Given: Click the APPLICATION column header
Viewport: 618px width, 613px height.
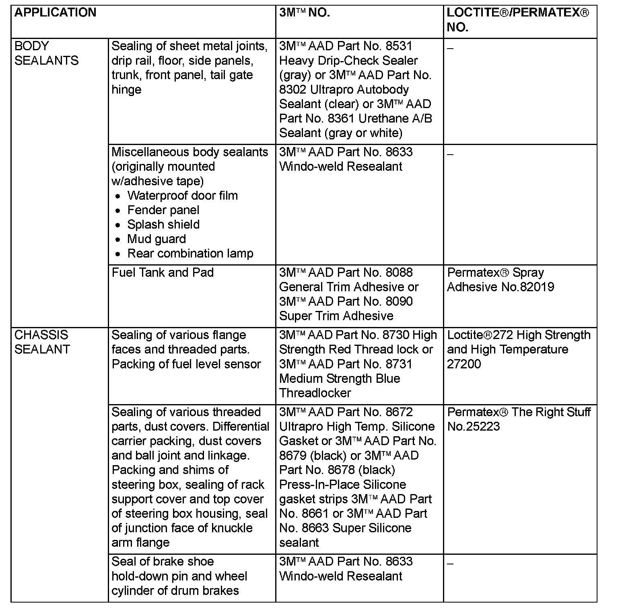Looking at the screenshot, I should [55, 12].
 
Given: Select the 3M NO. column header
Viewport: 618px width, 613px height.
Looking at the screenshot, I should [305, 12].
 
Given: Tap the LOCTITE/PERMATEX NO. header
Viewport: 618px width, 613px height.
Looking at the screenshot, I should [518, 20].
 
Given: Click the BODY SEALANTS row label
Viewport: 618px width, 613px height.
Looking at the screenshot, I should [46, 53].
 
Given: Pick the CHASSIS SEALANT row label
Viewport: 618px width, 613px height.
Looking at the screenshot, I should [42, 342].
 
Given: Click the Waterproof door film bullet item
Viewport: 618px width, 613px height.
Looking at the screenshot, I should [182, 196].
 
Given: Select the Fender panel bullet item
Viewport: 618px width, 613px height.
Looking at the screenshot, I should [163, 210].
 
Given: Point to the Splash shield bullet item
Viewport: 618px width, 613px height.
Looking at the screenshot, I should [163, 225].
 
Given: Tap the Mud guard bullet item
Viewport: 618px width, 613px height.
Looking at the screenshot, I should [157, 239].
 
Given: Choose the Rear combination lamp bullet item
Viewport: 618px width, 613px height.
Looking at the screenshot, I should [190, 253].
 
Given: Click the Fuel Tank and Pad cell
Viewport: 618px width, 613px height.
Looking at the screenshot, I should [163, 273].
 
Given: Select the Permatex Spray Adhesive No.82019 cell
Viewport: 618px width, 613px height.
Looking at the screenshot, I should [500, 280].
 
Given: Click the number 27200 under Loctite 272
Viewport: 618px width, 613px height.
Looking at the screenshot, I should [464, 364].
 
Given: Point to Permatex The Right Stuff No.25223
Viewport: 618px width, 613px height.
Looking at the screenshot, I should [519, 419].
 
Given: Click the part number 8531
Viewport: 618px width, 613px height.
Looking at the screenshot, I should [399, 46].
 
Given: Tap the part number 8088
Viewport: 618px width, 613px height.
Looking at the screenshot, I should [399, 273].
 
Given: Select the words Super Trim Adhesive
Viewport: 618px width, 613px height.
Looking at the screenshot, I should [336, 316].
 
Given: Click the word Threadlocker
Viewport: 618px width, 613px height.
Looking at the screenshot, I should [315, 393].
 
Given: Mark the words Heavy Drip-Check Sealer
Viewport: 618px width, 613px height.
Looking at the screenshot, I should [348, 61].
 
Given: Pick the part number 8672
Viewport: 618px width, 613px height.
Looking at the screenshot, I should [399, 412].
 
